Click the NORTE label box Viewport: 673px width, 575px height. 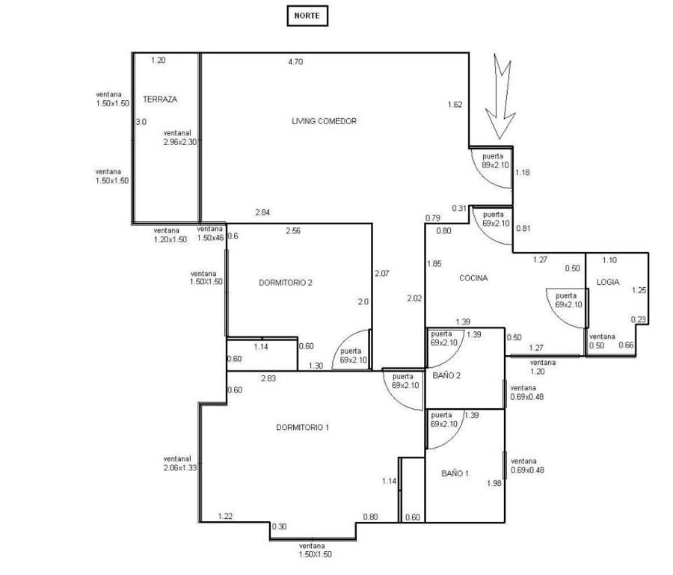(307, 16)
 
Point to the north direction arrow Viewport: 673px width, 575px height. (500, 96)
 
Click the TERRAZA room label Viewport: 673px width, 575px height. (160, 99)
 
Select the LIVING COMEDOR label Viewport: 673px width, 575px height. (324, 121)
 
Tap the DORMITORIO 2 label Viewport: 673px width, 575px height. (286, 283)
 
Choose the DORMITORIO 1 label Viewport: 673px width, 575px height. (303, 428)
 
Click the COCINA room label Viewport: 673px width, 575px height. (473, 278)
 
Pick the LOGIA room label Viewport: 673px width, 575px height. (608, 282)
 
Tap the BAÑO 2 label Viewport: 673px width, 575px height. (446, 375)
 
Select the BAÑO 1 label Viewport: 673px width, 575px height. (455, 473)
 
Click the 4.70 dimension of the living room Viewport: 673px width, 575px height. (295, 62)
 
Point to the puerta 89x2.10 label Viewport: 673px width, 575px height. (495, 161)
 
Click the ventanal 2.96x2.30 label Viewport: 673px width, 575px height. (179, 138)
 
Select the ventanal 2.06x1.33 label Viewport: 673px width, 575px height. (179, 464)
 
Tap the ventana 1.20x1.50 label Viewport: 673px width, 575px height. (170, 235)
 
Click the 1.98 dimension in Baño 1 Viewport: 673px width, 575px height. (494, 483)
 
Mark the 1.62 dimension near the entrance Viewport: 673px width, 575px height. (455, 104)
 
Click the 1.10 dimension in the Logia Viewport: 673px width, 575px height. (609, 260)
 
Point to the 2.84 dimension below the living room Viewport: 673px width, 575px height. (262, 212)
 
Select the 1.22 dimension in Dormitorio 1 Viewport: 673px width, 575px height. (225, 516)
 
